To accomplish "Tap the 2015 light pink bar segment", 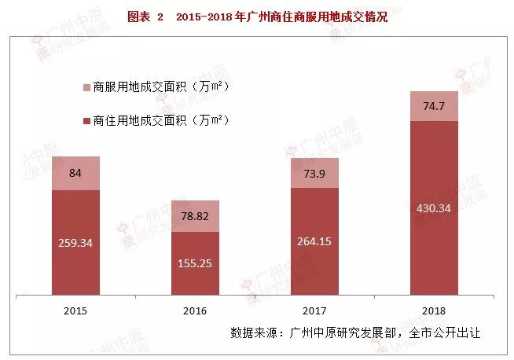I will click(75, 173).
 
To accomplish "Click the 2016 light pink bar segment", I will click(196, 215).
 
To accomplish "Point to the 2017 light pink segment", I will click(314, 172).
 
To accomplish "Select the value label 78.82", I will click(196, 216).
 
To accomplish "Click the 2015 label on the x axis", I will click(75, 310).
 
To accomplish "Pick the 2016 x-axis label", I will click(196, 310).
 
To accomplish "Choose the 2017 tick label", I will click(314, 310).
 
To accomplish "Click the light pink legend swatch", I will click(86, 87).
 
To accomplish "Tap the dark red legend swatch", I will click(86, 122).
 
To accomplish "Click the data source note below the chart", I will click(354, 332).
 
